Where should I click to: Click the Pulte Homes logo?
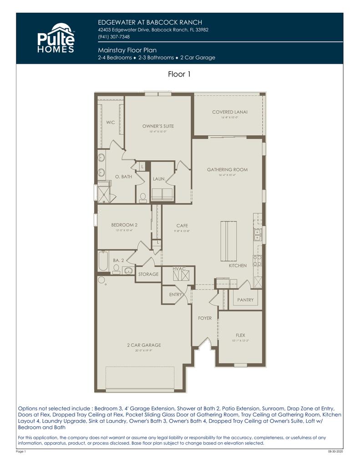[x=56, y=38]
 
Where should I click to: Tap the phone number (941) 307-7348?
[x=114, y=37]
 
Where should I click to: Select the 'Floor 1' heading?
[x=179, y=75]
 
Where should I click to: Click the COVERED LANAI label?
[x=230, y=112]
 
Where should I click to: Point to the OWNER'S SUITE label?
[x=158, y=126]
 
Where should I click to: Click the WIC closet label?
[x=111, y=122]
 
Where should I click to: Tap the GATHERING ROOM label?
[x=227, y=170]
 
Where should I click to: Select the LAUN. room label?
[x=159, y=179]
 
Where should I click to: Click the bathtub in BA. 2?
[x=103, y=261]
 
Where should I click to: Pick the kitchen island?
[x=228, y=239]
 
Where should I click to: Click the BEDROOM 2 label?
[x=124, y=225]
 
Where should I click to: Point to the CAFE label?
[x=182, y=226]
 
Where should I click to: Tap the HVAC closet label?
[x=179, y=269]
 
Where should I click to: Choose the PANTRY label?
[x=245, y=300]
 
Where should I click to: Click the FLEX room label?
[x=240, y=335]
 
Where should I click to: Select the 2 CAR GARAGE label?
[x=144, y=345]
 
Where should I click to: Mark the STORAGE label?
[x=148, y=274]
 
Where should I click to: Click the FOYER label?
[x=205, y=318]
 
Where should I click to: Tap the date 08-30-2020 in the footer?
[x=335, y=451]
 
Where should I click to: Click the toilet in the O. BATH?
[x=142, y=198]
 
